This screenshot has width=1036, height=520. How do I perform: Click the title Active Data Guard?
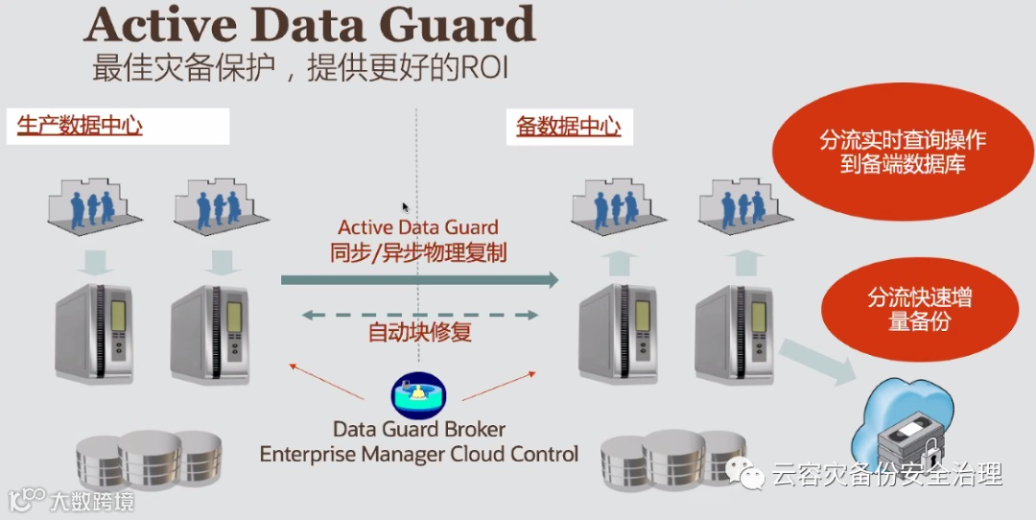[309, 25]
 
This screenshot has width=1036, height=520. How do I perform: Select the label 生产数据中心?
[80, 125]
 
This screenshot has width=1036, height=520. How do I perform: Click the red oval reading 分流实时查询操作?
[902, 152]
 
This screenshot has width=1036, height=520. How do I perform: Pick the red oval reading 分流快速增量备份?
[919, 309]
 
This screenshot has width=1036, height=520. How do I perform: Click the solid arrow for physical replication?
[419, 279]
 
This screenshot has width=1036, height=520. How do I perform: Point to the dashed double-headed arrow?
[419, 314]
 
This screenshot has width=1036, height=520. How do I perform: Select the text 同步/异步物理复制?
[418, 253]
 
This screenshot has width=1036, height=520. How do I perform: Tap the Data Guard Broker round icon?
[419, 393]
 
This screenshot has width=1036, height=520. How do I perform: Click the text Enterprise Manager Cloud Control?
[419, 454]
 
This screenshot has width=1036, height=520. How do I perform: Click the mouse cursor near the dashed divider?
[405, 206]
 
